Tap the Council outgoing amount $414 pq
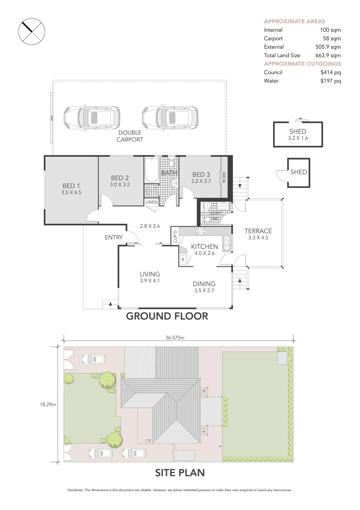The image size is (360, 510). click(x=330, y=72)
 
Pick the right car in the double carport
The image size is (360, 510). click(x=169, y=117)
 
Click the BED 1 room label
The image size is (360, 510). click(x=72, y=185)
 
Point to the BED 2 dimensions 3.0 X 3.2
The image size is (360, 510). click(x=120, y=185)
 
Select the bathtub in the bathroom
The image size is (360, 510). click(x=151, y=170)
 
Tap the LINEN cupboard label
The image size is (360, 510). click(x=151, y=202)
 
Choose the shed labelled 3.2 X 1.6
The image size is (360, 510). click(x=297, y=135)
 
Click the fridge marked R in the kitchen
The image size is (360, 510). click(x=183, y=260)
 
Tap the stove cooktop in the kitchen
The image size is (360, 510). click(x=201, y=231)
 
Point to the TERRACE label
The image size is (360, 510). click(x=258, y=231)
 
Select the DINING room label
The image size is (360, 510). click(x=204, y=284)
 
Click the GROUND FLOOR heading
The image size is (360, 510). click(x=167, y=316)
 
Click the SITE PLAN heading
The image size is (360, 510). click(x=180, y=472)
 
